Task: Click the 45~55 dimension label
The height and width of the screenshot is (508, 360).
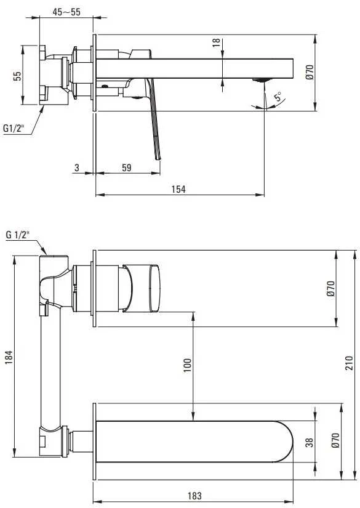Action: tap(66, 12)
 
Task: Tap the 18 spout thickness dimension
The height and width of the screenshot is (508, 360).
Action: tap(216, 42)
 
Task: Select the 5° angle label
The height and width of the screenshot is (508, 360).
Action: tap(278, 97)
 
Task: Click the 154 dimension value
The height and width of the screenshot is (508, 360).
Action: tap(178, 189)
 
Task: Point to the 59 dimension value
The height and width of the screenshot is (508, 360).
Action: tap(127, 167)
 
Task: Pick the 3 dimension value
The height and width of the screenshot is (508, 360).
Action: tap(77, 167)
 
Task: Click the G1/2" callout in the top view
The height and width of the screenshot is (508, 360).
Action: tap(14, 128)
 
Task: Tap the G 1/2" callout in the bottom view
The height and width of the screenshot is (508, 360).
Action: tap(17, 235)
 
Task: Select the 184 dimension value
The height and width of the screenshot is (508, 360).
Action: tap(9, 357)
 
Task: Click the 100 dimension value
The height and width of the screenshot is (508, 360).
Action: tap(188, 365)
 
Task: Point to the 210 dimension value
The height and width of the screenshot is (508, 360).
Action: tap(350, 363)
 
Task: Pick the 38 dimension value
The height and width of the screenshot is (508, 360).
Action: tap(310, 443)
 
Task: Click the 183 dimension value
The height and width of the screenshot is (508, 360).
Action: tap(194, 496)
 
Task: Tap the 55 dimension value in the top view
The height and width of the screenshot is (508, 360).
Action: tap(17, 76)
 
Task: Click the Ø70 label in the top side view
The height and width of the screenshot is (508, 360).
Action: tap(310, 72)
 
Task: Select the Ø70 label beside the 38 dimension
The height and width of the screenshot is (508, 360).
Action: tap(335, 440)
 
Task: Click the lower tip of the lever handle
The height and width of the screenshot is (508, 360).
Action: tap(159, 159)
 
